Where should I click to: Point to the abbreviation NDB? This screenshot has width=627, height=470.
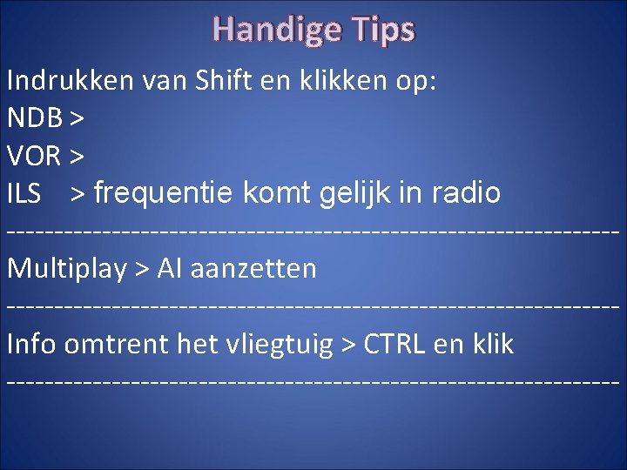point(34,118)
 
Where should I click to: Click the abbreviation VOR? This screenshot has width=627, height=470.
point(33,156)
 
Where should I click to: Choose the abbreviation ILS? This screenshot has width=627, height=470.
point(24,193)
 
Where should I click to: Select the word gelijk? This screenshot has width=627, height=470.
point(352,193)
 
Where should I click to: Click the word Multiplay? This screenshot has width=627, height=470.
point(67,268)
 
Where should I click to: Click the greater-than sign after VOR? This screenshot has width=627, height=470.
point(77,157)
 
